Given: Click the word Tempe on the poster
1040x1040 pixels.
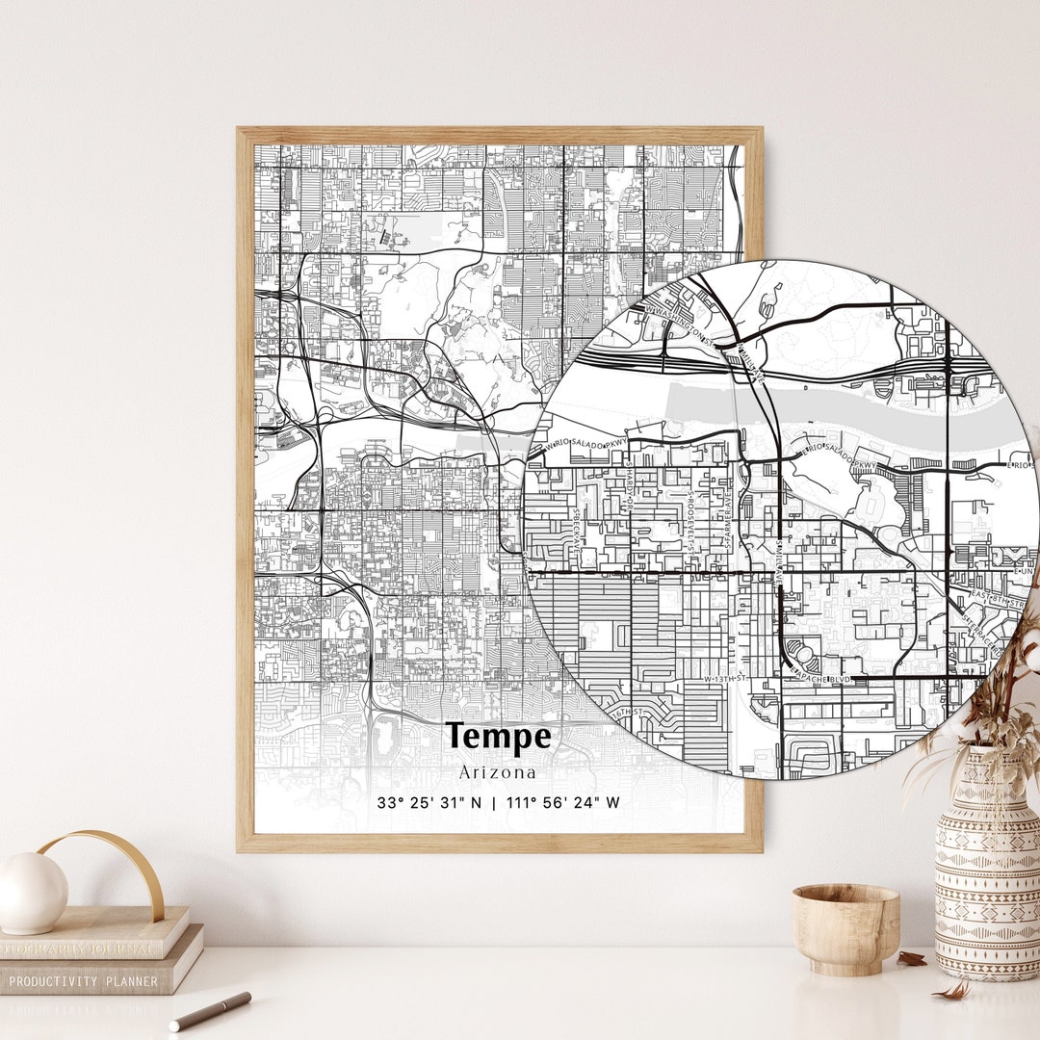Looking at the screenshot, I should pos(500,737).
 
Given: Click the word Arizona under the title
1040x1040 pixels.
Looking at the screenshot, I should pos(498,772).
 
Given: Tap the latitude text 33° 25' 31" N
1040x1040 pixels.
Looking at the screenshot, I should pos(430,802).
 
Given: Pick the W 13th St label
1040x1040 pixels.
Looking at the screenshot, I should pos(725,679).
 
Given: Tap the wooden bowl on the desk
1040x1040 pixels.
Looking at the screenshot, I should pos(845,926).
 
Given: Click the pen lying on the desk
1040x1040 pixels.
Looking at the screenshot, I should pos(210,1010).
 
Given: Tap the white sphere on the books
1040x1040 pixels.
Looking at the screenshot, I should pos(32,893).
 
